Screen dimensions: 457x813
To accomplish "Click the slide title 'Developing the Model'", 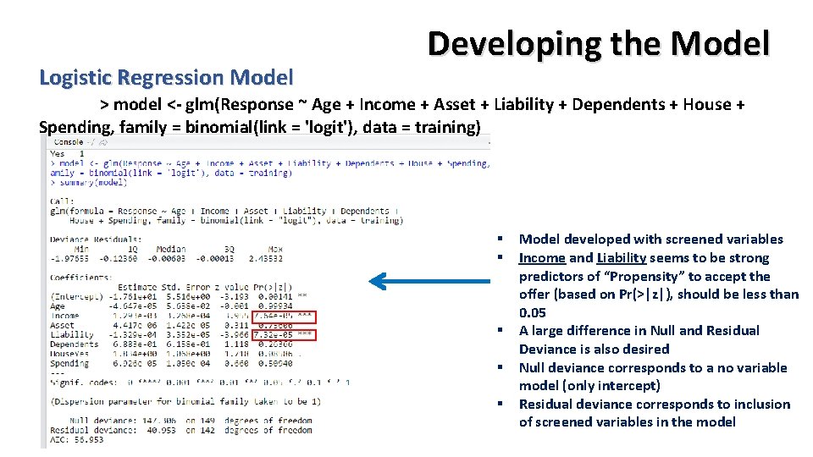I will [599, 44].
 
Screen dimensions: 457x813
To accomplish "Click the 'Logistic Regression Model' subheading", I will [166, 78].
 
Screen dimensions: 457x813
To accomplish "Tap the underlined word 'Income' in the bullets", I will [542, 258].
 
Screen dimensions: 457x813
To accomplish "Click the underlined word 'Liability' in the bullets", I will [622, 258].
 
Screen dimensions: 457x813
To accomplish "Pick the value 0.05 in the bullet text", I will [533, 313].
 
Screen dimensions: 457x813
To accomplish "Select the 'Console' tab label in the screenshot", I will [69, 142].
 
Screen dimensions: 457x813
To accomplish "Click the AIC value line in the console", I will [76, 440].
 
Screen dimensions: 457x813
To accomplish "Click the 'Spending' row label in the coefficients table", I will [69, 364].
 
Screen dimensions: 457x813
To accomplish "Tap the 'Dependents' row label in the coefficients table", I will [75, 345].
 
